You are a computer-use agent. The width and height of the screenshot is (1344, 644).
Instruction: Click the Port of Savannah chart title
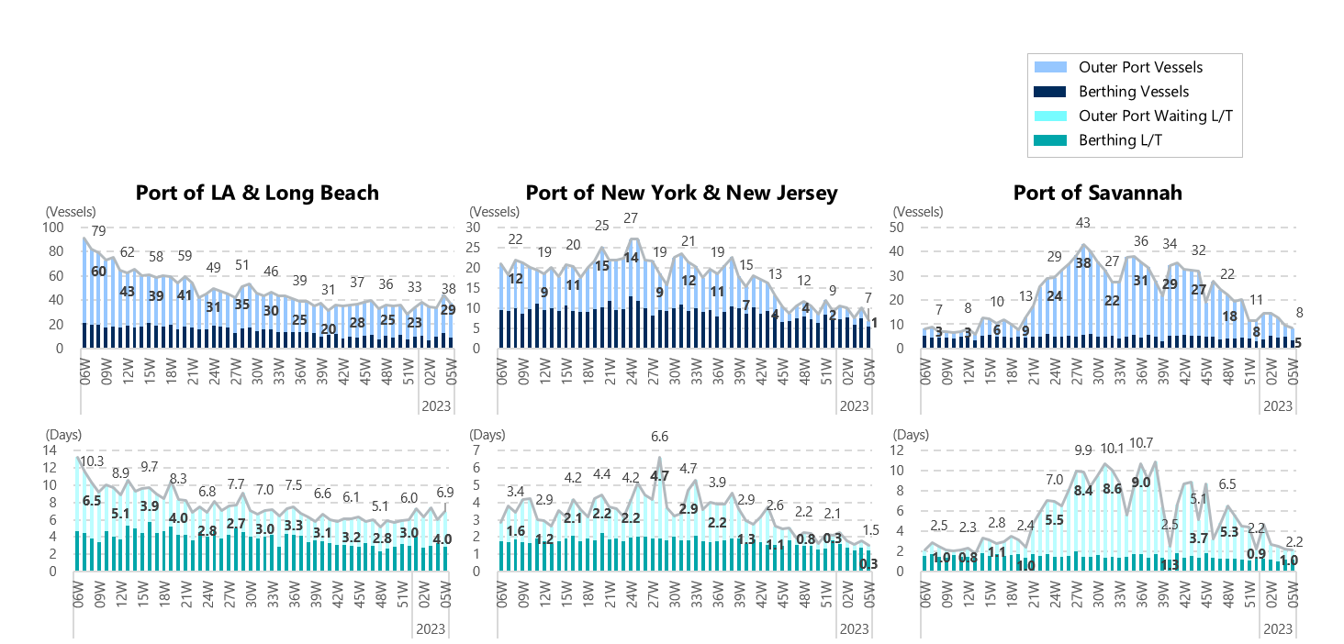coord(1097,193)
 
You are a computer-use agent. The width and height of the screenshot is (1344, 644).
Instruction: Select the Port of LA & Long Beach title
coord(257,193)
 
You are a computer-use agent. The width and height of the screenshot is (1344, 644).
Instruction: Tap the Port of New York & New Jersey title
coord(681,193)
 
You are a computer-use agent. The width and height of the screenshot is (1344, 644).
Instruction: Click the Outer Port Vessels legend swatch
coord(1049,67)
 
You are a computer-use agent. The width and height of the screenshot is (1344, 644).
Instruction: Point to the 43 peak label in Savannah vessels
coord(1083,223)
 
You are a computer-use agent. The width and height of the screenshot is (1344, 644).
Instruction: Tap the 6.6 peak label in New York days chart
coord(659,436)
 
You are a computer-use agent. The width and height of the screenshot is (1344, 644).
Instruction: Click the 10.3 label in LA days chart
coord(92,461)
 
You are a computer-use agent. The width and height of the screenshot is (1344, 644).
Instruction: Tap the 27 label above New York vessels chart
coord(631,218)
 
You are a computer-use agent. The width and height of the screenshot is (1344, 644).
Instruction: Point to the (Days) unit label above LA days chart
coord(63,434)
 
